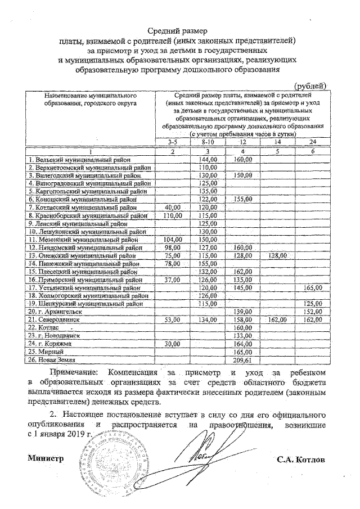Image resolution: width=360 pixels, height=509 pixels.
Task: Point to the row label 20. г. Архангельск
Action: click(x=56, y=311)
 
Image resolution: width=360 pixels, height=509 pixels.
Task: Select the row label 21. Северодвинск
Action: click(x=54, y=319)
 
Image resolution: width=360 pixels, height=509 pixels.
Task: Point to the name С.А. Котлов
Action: click(x=301, y=458)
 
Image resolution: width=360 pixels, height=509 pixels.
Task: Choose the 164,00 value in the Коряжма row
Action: click(x=242, y=343)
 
